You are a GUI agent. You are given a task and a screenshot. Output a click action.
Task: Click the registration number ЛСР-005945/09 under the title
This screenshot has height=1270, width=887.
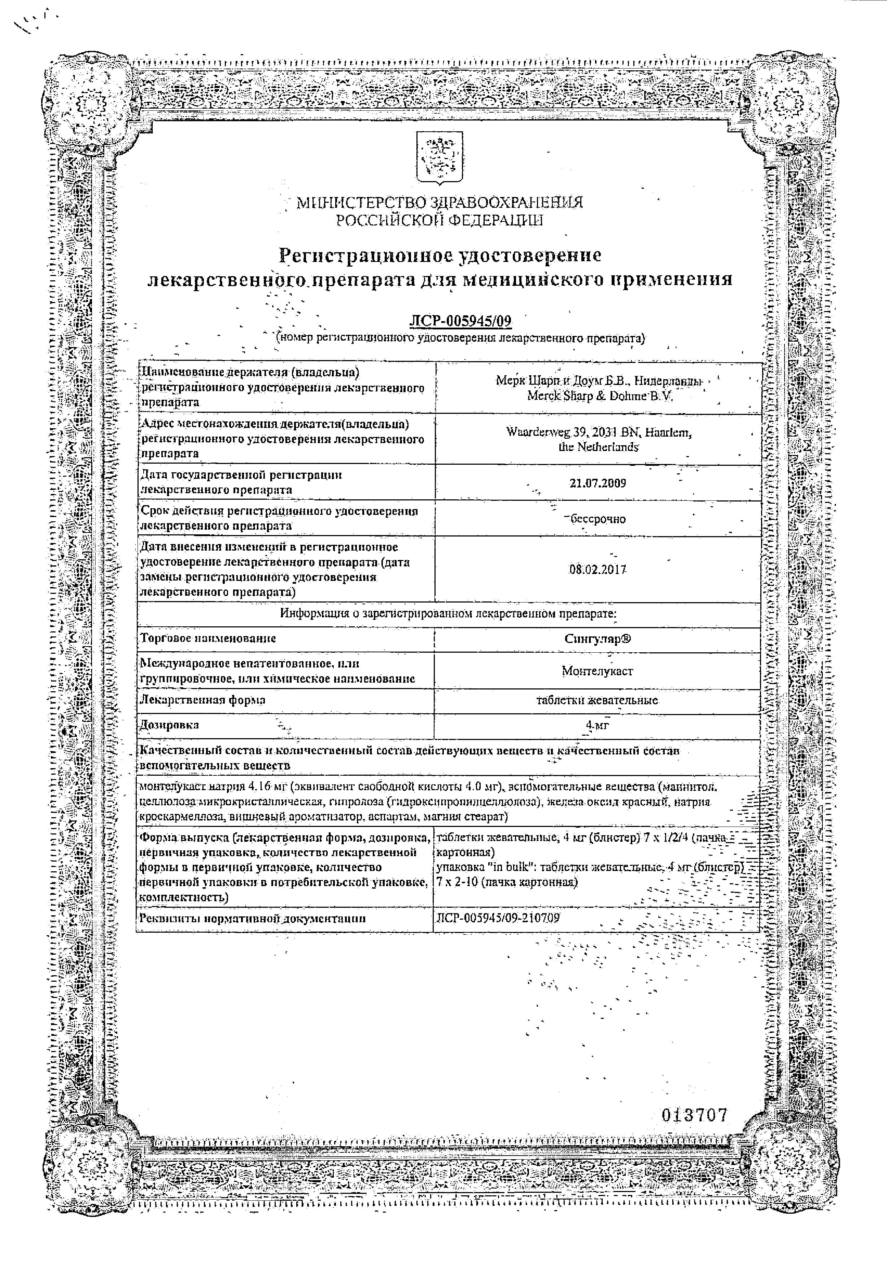point(460,321)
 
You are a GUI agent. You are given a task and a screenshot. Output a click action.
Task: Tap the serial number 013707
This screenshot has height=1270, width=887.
point(694,1116)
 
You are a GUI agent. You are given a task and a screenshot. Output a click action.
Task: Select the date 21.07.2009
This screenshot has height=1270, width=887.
point(598,483)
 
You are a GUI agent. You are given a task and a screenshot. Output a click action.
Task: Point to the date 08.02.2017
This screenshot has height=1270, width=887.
point(598,569)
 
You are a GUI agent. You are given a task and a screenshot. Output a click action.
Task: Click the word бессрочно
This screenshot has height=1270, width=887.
point(598,519)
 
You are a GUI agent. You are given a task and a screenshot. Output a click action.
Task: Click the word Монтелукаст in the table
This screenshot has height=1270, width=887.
point(598,671)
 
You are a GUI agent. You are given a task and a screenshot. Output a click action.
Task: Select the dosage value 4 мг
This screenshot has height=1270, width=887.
point(598,725)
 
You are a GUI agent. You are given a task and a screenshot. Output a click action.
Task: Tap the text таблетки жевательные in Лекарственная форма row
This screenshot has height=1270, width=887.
point(598,700)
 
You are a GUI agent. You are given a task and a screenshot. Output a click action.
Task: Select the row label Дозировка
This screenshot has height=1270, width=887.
point(170,724)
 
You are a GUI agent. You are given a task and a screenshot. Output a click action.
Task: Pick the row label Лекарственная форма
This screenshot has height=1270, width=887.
point(203,700)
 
